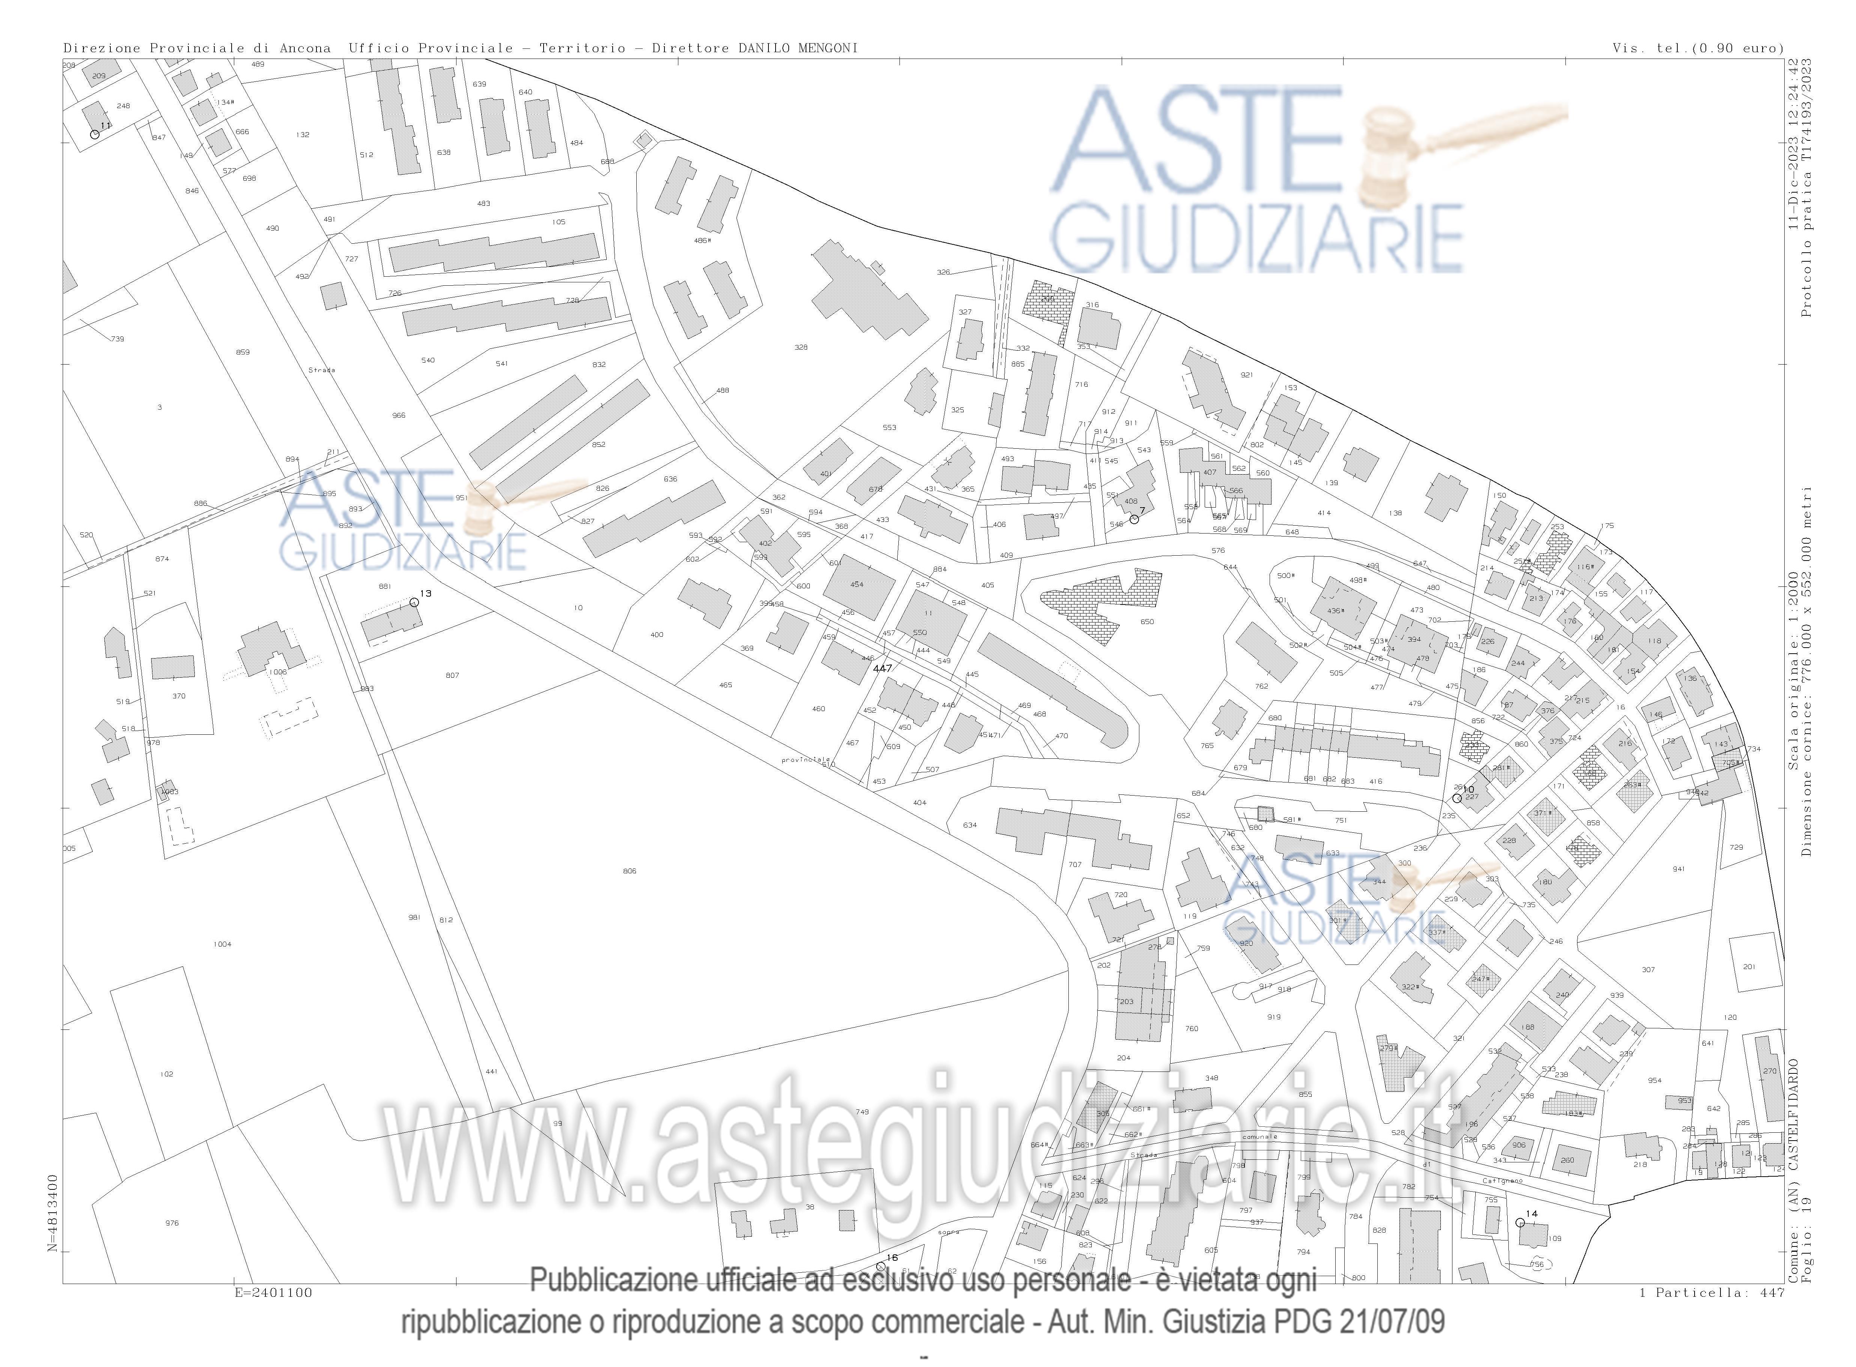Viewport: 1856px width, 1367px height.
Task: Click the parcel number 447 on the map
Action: click(882, 668)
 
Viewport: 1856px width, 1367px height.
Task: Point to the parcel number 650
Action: click(1147, 621)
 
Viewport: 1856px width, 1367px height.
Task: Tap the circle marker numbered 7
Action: click(1134, 519)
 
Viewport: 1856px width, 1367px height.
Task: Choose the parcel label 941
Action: click(1678, 869)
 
